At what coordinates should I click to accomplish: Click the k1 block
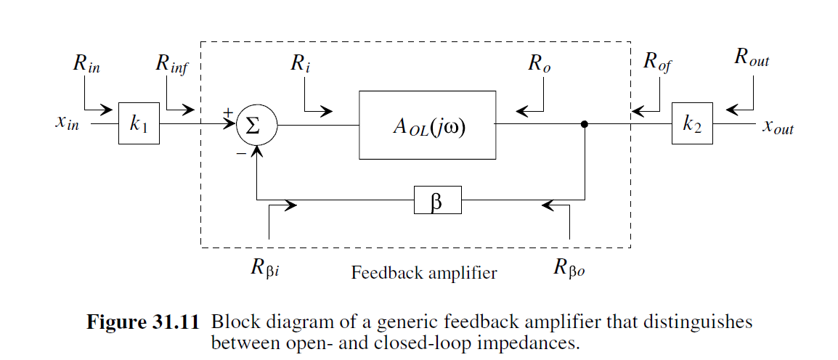139,123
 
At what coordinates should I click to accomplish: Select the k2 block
691,123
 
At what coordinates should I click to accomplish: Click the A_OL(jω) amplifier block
427,124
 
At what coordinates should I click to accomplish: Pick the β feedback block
437,201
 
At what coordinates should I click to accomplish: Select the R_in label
86,64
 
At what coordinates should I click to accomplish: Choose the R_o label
539,64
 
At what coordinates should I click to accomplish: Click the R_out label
751,60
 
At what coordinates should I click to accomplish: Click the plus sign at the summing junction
228,112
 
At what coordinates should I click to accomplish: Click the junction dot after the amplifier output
585,124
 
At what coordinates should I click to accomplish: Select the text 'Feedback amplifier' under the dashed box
424,274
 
